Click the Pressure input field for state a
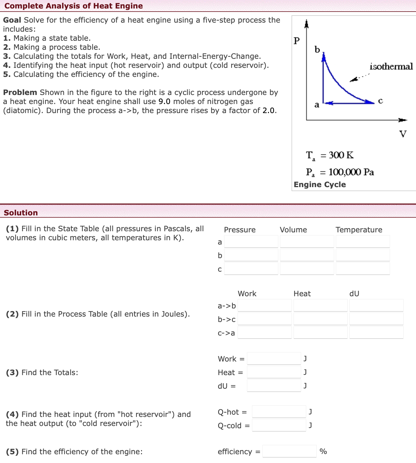pyautogui.click(x=251, y=242)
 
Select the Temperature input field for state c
pyautogui.click(x=363, y=269)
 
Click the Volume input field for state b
pyautogui.click(x=307, y=255)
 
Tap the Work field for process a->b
pyautogui.click(x=264, y=306)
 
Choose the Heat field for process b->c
pyautogui.click(x=320, y=319)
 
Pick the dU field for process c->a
pyautogui.click(x=376, y=333)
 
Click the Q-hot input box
pyautogui.click(x=279, y=412)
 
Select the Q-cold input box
pyautogui.click(x=279, y=425)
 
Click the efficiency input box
pyautogui.click(x=289, y=451)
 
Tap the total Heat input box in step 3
pyautogui.click(x=274, y=372)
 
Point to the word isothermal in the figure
pyautogui.click(x=391, y=66)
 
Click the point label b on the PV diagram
pyautogui.click(x=317, y=50)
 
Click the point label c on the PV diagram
pyautogui.click(x=380, y=101)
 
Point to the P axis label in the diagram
pyautogui.click(x=296, y=41)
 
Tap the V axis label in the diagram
pyautogui.click(x=403, y=134)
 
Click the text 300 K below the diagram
pyautogui.click(x=341, y=155)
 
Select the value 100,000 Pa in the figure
pyautogui.click(x=351, y=172)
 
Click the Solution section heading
pyautogui.click(x=21, y=213)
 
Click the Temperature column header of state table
pyautogui.click(x=359, y=230)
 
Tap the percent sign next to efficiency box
pyautogui.click(x=323, y=451)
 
